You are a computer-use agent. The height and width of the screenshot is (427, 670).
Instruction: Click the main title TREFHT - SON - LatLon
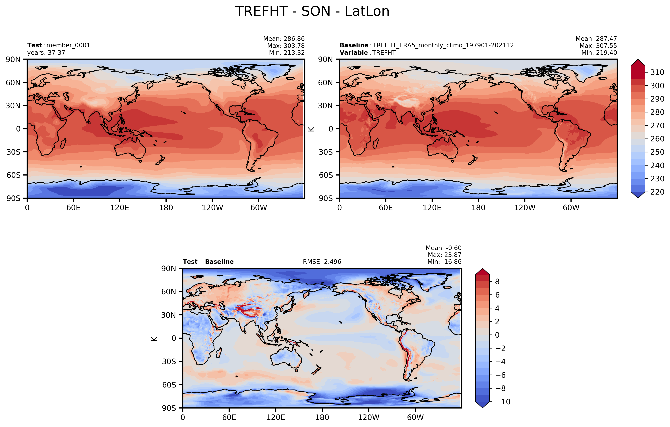click(x=312, y=12)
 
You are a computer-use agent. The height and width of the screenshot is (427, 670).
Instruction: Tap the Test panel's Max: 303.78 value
click(x=286, y=46)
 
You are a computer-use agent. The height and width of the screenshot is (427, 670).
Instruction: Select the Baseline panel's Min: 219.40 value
click(x=599, y=53)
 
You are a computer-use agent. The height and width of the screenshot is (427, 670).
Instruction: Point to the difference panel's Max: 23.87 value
click(x=444, y=255)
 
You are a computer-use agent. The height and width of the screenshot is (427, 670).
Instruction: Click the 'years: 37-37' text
click(x=46, y=53)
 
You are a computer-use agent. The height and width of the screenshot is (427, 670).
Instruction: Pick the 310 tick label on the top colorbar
click(x=657, y=72)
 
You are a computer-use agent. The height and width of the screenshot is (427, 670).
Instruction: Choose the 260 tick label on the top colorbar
click(x=657, y=139)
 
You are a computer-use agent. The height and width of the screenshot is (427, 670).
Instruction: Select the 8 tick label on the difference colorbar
click(x=497, y=281)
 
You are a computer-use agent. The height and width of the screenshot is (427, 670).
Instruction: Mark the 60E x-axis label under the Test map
click(x=73, y=208)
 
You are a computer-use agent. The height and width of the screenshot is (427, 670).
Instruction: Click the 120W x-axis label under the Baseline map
click(x=524, y=208)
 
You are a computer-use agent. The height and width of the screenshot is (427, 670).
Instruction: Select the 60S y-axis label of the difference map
click(x=169, y=385)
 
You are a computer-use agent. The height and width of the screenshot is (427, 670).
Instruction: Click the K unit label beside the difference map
click(x=154, y=339)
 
